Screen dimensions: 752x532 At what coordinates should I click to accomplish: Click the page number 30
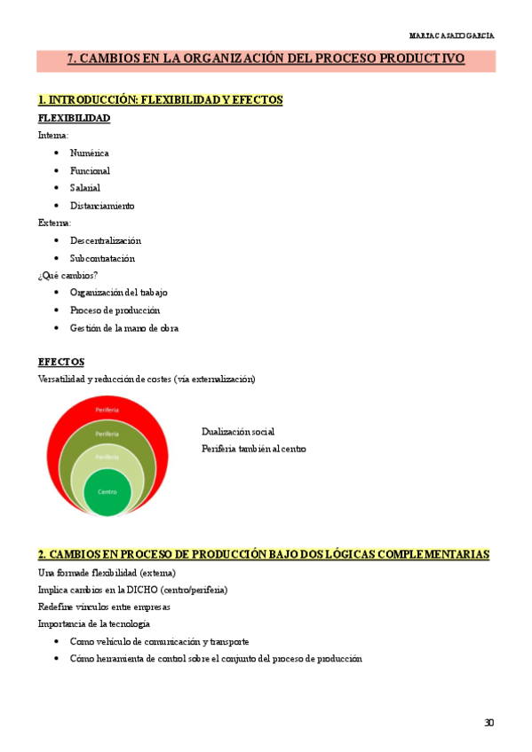pos(488,723)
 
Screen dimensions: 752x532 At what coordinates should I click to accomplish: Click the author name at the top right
pos(452,35)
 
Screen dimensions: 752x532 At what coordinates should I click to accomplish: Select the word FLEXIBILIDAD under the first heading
pos(74,118)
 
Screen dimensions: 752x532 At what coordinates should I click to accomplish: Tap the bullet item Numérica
pos(89,153)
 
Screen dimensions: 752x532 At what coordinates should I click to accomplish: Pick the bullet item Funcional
pos(90,170)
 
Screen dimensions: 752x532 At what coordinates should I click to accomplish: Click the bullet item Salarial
pos(85,188)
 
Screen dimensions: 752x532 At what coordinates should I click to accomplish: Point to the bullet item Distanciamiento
pos(102,206)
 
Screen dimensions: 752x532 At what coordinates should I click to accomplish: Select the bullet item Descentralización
pos(105,240)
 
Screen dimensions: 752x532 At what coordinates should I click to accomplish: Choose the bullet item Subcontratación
pos(102,258)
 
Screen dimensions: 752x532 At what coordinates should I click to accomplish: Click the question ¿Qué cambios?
pos(67,275)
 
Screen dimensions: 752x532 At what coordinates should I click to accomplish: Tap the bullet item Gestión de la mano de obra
pos(123,328)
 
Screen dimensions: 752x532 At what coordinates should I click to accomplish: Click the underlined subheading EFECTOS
pos(61,362)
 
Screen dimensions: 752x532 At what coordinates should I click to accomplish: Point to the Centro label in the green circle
pos(107,491)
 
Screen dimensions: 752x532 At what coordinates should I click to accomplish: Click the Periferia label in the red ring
pos(107,410)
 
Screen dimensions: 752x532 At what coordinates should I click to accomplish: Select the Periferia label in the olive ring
pos(107,434)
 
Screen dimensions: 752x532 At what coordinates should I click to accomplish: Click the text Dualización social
pos(237,431)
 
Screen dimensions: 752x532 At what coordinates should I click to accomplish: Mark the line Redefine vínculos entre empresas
pos(104,607)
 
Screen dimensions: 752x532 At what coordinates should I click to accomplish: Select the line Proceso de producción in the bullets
pos(115,310)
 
